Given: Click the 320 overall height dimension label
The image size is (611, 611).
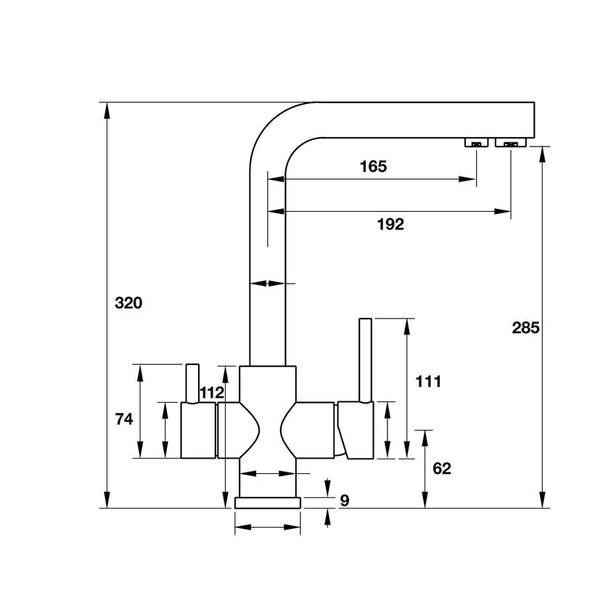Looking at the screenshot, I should point(128,303).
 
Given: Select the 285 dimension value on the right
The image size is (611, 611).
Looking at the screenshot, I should point(525,327).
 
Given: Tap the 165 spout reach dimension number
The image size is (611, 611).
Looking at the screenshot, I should point(373,166).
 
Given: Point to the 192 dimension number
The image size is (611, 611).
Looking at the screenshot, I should point(390,224).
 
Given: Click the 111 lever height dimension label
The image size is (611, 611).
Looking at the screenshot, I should point(429,382).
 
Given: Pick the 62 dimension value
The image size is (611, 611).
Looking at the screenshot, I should point(441,469).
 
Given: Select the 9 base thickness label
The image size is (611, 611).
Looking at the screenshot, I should point(345,500).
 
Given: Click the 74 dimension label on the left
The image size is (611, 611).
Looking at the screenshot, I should point(126,419).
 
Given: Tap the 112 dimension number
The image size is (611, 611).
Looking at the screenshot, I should point(211,393).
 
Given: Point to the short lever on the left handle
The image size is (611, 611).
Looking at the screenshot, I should point(192,382).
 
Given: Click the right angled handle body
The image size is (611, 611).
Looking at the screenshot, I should point(356,431).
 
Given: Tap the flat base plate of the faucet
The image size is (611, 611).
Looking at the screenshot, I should point(267,503).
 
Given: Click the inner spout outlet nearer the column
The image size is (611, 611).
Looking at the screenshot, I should point(476,143).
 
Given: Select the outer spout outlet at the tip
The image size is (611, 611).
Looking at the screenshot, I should point(511,143).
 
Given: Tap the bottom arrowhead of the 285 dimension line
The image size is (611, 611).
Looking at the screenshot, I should point(541,500).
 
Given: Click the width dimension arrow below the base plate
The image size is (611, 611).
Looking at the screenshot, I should point(267,528).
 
